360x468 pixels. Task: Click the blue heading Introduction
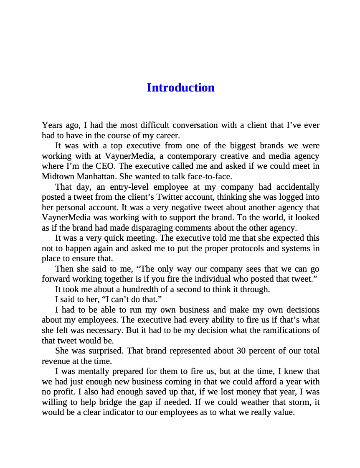tap(180, 88)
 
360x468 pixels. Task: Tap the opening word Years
tap(51, 125)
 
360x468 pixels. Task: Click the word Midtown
tap(56, 176)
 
